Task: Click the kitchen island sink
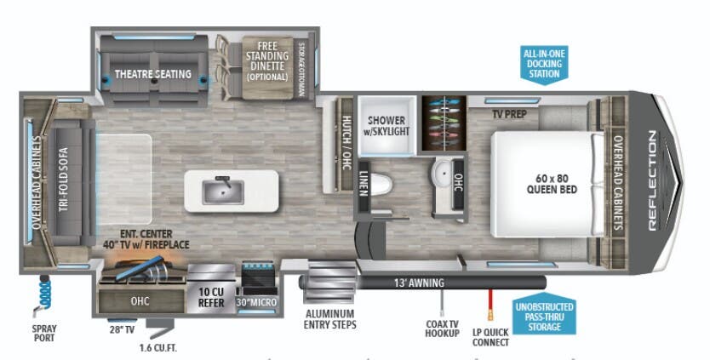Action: coord(223,191)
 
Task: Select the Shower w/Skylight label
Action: coord(386,126)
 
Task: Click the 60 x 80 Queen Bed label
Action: coord(552,184)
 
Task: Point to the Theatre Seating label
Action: coord(153,74)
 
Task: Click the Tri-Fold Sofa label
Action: coord(63,180)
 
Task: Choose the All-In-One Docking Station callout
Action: coord(544,64)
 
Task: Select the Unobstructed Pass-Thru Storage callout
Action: coord(544,316)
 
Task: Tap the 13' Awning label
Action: coord(419,283)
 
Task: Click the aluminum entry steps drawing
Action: coord(329,282)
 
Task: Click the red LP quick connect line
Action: coord(490,305)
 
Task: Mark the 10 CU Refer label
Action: coord(211,297)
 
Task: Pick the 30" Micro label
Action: coord(256,302)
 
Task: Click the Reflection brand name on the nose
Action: coord(652,180)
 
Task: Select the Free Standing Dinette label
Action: coord(267,61)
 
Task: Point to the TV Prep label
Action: coord(509,114)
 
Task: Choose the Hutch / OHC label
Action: coord(346,143)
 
